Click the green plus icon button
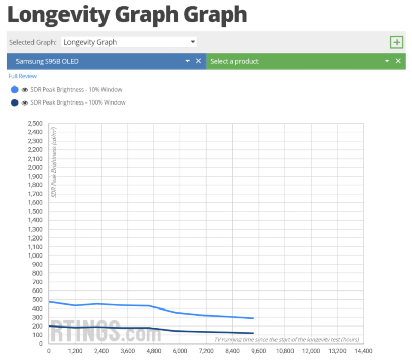click(396, 42)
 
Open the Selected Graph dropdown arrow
click(192, 42)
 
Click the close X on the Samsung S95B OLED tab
click(198, 61)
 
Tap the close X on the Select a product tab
click(398, 61)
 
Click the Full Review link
click(22, 76)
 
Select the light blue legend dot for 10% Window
click(14, 90)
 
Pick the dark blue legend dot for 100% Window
click(14, 102)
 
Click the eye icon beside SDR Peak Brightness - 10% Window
click(25, 90)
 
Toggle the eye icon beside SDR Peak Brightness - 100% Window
click(25, 102)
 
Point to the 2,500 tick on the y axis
click(35, 123)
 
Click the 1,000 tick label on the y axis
click(35, 255)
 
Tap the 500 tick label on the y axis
click(38, 299)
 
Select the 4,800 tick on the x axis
click(153, 351)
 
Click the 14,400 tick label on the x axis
click(363, 351)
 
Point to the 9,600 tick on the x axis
click(259, 351)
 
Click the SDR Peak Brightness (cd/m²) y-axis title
click(53, 162)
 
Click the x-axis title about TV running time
click(286, 339)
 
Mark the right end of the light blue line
click(253, 318)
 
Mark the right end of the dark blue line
click(253, 333)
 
